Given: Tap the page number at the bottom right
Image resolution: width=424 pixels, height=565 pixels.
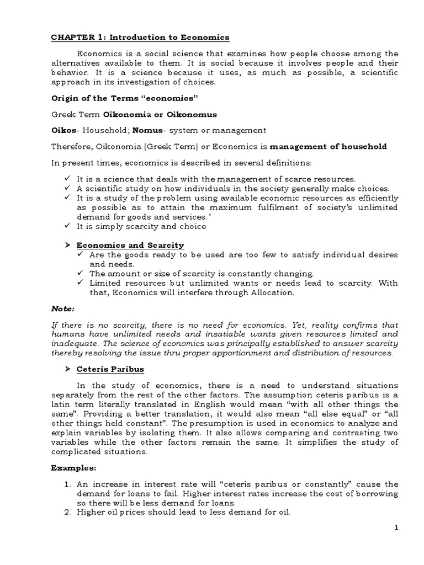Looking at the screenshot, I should [x=411, y=529].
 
